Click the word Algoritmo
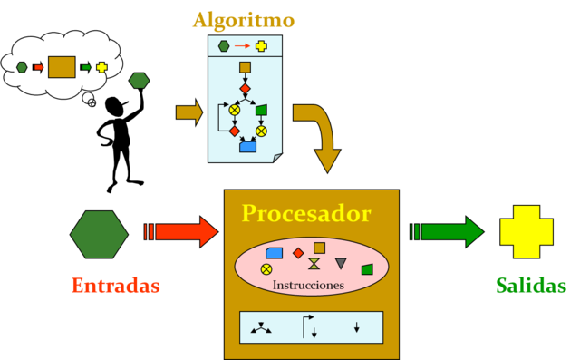point(243,20)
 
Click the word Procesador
point(305,214)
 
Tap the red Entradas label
point(115,286)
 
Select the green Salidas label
point(531,286)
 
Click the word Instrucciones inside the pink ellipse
point(308,285)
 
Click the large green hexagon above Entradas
point(99,234)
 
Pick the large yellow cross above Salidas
point(527,232)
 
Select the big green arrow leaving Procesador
point(448,231)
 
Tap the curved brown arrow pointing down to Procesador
point(317,136)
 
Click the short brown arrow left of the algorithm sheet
point(188,112)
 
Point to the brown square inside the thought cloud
point(62,67)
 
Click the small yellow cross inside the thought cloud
point(101,67)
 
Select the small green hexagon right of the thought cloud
point(139,81)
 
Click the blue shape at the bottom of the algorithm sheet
point(247,146)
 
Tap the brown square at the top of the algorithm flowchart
point(245,67)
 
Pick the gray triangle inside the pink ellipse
point(341,264)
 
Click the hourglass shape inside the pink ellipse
point(314,264)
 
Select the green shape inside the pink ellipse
point(366,268)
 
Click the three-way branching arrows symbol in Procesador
point(262,328)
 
